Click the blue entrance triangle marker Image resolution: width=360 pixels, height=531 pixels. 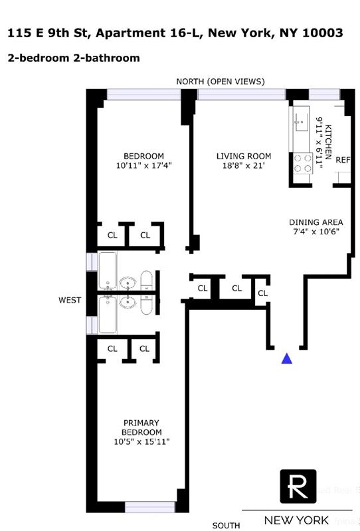tap(287, 358)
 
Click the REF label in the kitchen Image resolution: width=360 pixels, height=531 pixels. tap(343, 161)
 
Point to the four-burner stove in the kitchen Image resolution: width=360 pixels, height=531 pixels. tap(302, 163)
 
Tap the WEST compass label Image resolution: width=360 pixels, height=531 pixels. tap(69, 300)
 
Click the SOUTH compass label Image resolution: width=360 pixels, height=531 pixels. tap(226, 525)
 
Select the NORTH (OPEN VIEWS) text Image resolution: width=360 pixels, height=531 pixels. tap(220, 82)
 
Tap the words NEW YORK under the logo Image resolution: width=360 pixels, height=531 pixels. tap(296, 520)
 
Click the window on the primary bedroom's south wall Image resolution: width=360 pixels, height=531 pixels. tap(149, 508)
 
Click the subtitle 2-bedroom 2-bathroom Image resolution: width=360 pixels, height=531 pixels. tap(74, 58)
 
